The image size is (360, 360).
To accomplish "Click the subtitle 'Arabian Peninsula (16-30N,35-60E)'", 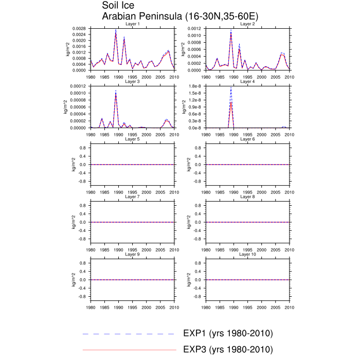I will click(x=180, y=16).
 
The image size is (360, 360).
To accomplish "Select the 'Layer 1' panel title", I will click(x=132, y=24).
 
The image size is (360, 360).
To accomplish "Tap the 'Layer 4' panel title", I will click(x=247, y=81).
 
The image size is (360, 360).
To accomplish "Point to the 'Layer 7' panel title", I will click(x=132, y=196).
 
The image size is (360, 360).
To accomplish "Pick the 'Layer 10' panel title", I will click(x=247, y=254).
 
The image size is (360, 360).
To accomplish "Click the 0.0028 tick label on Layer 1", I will click(x=79, y=29).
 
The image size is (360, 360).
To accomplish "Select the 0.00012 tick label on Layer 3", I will click(x=78, y=87).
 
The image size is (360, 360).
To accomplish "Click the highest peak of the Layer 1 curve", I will click(x=116, y=30).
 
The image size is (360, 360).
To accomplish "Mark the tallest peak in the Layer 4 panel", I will click(x=231, y=88).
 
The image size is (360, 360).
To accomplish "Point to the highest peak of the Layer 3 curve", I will click(x=116, y=91).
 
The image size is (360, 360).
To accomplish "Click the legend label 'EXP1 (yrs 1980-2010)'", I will click(x=228, y=334).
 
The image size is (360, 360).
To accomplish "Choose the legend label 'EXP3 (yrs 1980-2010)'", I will click(x=228, y=350).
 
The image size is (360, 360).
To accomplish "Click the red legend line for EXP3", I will click(x=129, y=350).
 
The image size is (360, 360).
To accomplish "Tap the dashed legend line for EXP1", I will click(x=129, y=334).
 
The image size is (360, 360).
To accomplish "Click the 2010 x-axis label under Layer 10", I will click(x=290, y=307).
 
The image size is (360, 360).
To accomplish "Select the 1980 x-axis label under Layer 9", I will click(x=91, y=307).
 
